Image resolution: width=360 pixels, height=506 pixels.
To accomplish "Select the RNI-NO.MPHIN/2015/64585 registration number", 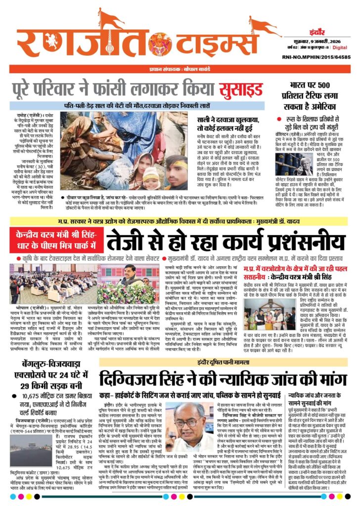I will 321,57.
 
